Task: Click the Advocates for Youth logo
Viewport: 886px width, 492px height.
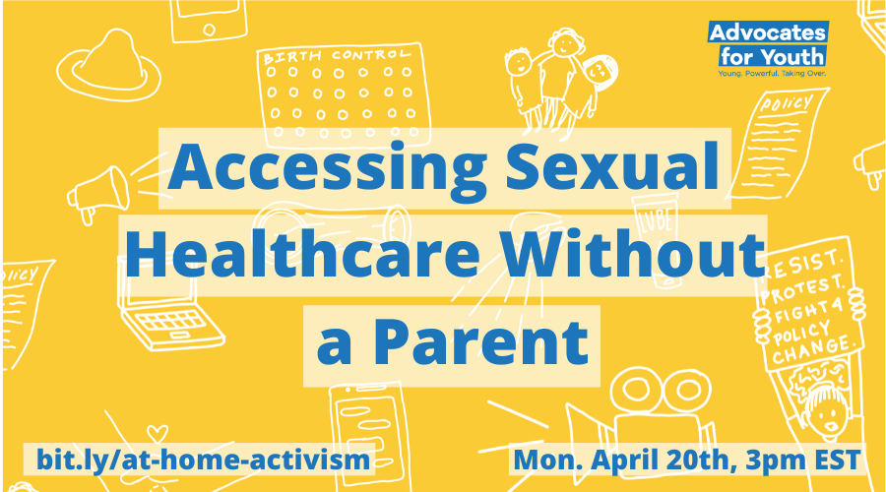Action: [x=768, y=45]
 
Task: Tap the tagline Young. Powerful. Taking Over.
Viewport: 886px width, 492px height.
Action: [x=769, y=73]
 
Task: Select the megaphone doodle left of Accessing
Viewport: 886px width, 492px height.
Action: [x=99, y=191]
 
